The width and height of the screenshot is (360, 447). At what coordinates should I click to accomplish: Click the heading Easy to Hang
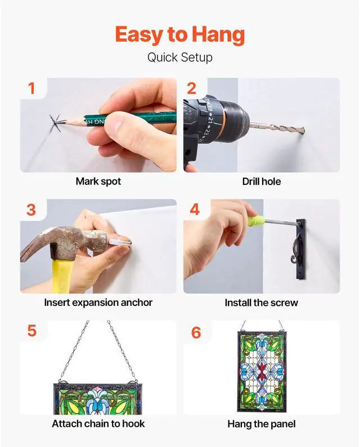(x=179, y=35)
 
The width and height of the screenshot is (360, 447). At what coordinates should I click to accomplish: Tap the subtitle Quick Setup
(x=179, y=57)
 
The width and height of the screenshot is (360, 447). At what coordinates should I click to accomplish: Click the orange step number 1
(x=31, y=88)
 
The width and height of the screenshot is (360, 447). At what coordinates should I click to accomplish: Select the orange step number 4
(x=195, y=210)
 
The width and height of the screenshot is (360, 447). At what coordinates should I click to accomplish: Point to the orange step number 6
(x=196, y=333)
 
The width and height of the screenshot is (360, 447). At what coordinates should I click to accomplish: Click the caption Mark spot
(x=98, y=181)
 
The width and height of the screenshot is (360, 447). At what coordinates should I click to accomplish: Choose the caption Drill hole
(x=262, y=181)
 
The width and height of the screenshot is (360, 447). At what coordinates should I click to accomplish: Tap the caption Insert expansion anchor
(x=98, y=302)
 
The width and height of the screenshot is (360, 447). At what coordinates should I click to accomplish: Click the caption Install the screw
(x=262, y=302)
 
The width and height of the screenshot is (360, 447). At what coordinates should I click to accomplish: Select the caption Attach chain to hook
(x=98, y=423)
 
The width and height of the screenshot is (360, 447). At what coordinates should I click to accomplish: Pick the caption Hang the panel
(x=262, y=424)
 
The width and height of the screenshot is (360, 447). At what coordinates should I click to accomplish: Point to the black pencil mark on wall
(x=55, y=124)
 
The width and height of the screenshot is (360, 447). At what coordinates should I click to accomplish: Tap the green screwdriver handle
(x=252, y=219)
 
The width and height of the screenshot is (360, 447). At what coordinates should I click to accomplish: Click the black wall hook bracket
(x=300, y=249)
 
